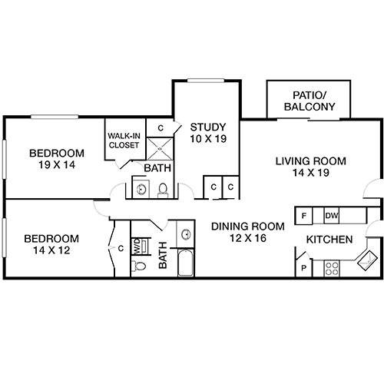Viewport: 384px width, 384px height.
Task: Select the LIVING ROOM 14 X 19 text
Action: (311, 167)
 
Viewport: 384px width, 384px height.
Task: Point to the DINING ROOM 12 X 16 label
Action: (247, 232)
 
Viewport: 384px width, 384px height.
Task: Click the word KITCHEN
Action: (329, 240)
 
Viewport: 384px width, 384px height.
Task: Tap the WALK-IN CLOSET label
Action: (123, 140)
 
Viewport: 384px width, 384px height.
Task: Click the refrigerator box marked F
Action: (305, 216)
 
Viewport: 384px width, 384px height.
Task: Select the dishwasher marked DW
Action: (332, 216)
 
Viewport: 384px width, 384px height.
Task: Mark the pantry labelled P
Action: (305, 269)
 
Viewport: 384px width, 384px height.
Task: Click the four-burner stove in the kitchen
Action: (333, 268)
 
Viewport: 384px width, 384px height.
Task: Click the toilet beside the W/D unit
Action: (139, 266)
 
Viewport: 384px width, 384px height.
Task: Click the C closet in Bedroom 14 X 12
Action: (121, 248)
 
